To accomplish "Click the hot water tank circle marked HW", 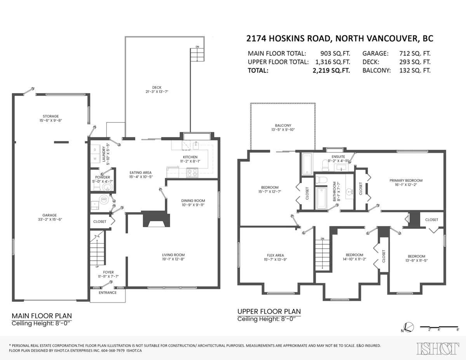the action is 104,199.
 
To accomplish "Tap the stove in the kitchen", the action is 192,173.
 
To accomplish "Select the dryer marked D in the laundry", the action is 95,149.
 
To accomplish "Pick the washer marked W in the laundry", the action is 95,159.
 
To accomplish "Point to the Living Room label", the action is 173,255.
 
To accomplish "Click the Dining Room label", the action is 193,201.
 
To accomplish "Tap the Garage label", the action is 50,215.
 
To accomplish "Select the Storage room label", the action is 50,116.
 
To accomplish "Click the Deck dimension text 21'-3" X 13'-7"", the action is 157,92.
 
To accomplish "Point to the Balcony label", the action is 283,126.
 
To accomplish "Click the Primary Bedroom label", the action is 406,180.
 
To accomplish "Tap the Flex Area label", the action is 275,255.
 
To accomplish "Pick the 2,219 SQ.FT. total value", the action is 331,71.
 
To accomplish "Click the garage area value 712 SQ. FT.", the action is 415,54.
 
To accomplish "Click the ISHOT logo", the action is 438,348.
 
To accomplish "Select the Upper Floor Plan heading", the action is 269,312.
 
